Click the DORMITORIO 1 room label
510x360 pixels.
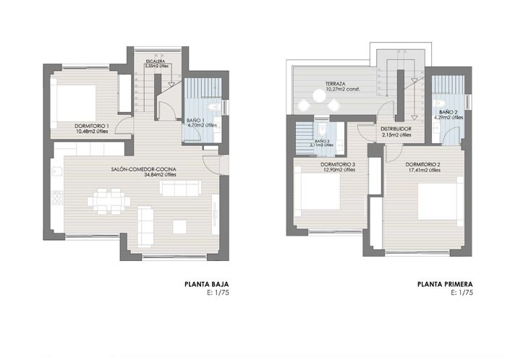[92, 127]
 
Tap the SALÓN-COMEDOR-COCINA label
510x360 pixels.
[144, 169]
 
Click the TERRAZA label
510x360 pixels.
[336, 83]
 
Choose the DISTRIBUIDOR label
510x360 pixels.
[396, 129]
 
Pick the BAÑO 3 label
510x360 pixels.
[323, 141]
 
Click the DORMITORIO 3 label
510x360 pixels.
[338, 164]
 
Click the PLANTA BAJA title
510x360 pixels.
[207, 285]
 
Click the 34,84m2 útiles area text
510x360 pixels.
[144, 174]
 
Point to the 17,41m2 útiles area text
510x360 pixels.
[424, 171]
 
